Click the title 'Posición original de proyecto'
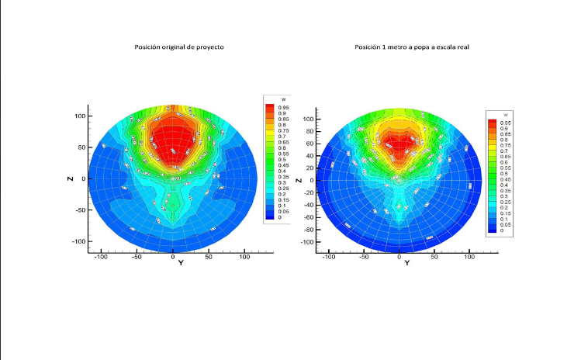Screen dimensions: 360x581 [180, 48]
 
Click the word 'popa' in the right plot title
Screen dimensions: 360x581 [420, 48]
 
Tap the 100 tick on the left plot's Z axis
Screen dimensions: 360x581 [79, 116]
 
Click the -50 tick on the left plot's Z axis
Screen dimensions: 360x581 [79, 210]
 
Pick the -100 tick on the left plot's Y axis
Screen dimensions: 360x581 [101, 256]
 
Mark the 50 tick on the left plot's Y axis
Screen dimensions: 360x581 [209, 256]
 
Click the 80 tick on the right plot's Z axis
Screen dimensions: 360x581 [309, 132]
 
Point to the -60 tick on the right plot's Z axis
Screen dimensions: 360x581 [307, 218]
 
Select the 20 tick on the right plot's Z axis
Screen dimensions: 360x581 [309, 168]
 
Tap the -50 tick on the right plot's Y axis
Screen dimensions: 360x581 [364, 256]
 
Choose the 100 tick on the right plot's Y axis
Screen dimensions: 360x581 [469, 256]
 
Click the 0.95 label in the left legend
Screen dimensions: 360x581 [282, 107]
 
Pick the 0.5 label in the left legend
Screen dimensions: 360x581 [281, 160]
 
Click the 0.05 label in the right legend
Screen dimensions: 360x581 [507, 225]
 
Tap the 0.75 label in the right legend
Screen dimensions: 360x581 [507, 145]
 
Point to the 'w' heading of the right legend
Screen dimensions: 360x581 [505, 115]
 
